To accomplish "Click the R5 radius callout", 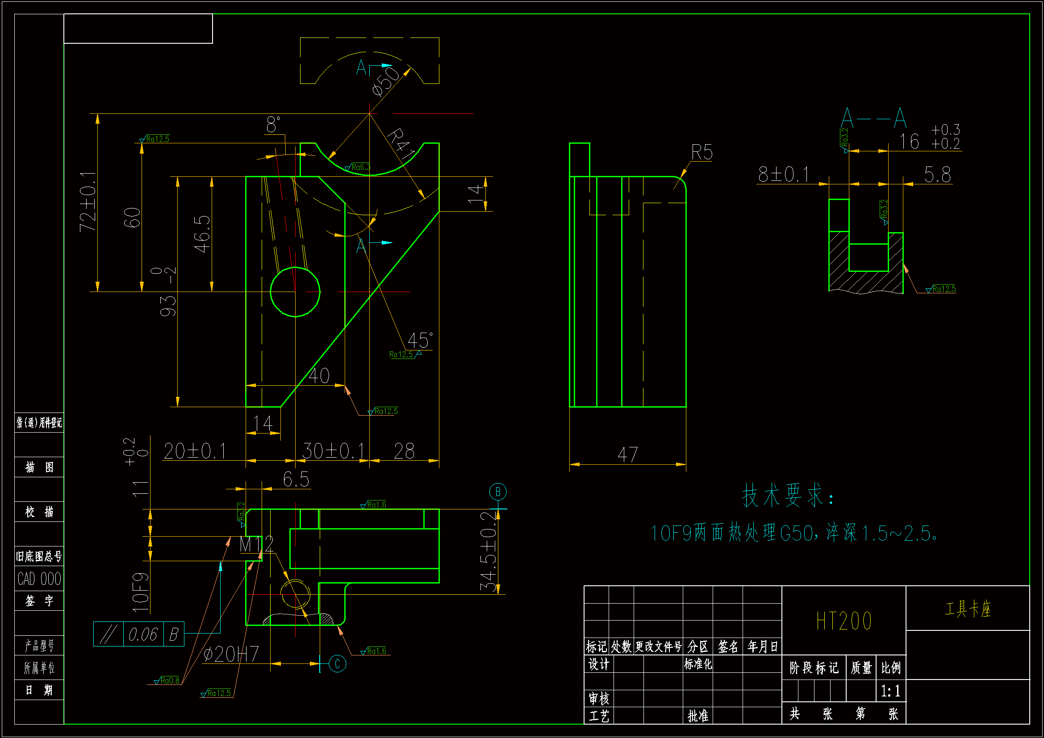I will click(x=702, y=152).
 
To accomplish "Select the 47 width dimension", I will click(x=627, y=454).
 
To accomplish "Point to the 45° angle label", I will click(x=419, y=340).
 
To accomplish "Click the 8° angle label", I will click(x=273, y=125).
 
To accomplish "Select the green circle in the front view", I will click(x=295, y=292).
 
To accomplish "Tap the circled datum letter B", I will click(x=498, y=492).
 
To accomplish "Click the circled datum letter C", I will click(x=337, y=663).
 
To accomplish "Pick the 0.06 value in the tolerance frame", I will click(x=143, y=634).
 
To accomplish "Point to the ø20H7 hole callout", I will click(x=230, y=655).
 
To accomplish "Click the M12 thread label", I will click(x=256, y=544).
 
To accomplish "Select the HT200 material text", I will click(x=844, y=621).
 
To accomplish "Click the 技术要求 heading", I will click(x=788, y=496).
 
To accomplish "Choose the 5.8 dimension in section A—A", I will click(x=937, y=175).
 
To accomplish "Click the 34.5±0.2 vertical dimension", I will click(x=489, y=551).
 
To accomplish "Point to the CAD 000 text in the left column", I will click(x=39, y=579).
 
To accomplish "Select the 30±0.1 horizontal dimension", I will click(x=333, y=451).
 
